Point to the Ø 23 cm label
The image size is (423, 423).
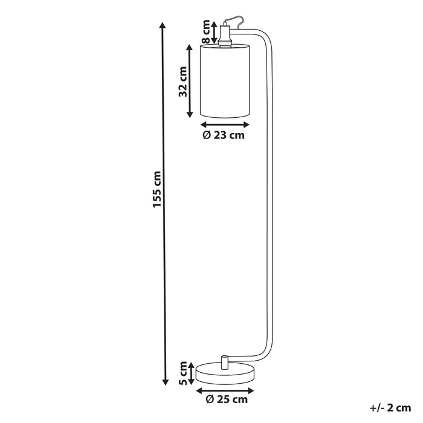point(224,135)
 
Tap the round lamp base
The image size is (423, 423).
point(224,372)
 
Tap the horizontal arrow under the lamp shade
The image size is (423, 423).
point(224,123)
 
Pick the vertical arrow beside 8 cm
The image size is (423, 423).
point(214,31)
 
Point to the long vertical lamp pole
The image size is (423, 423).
point(270,199)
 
